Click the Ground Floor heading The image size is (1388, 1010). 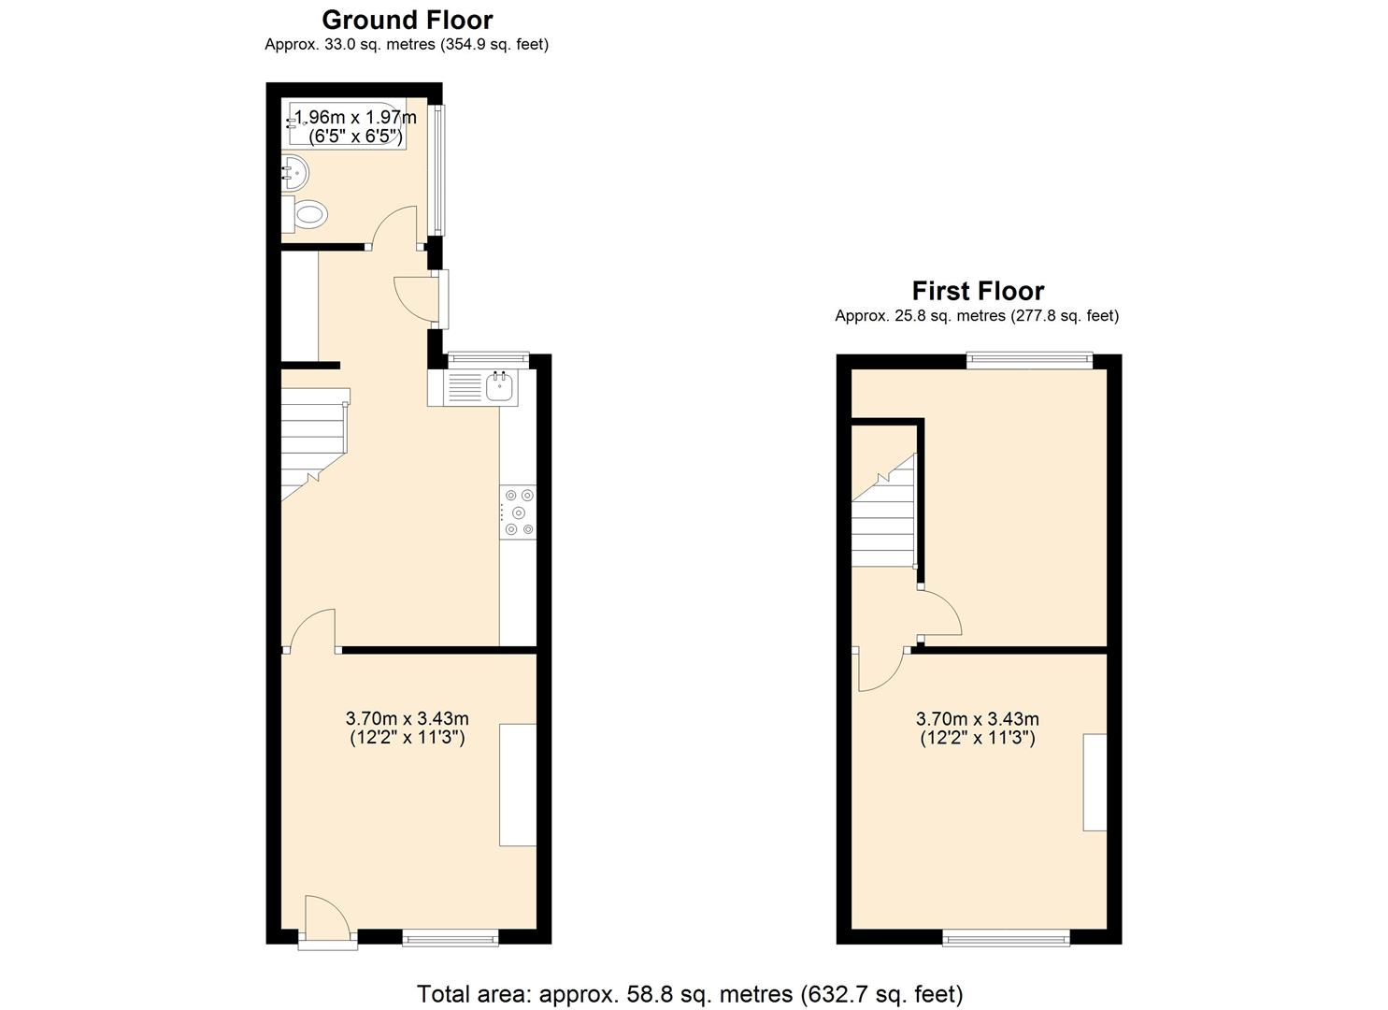407,20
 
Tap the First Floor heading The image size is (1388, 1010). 977,291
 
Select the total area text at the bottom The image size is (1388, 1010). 689,993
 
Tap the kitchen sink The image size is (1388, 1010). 500,385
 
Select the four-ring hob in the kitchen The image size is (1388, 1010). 519,512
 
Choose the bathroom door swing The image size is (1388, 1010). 394,227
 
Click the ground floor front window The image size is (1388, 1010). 450,937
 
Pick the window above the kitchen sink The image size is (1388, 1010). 488,357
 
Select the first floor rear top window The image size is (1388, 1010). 1028,358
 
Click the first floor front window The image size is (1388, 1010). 1006,937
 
